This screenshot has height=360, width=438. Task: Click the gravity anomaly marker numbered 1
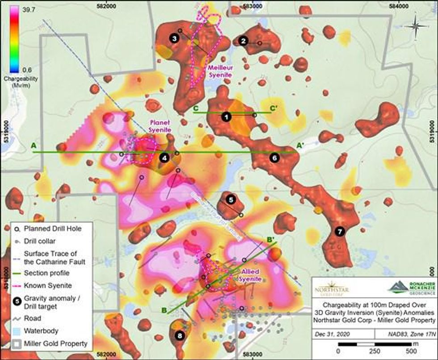tap(227, 116)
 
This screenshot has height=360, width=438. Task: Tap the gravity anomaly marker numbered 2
tap(243, 41)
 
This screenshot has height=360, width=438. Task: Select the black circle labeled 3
tap(175, 38)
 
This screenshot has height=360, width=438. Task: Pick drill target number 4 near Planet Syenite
tap(164, 157)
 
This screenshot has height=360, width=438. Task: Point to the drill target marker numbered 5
tap(231, 199)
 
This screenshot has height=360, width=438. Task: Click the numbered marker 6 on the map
tap(274, 157)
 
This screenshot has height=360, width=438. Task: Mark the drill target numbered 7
tap(339, 231)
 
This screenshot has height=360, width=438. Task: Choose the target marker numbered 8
tap(180, 336)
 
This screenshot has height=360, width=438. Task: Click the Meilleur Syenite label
tap(220, 72)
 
